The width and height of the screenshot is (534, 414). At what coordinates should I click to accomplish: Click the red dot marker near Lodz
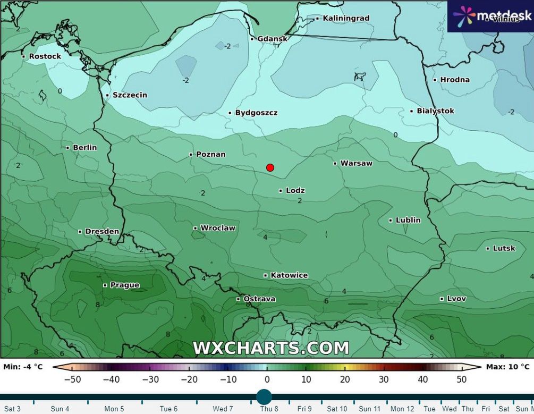(x=270, y=167)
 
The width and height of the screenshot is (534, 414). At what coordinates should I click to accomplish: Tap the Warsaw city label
(x=356, y=163)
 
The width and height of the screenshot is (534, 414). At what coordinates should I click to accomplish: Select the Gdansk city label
(x=272, y=39)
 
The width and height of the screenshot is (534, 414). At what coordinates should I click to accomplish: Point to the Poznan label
(x=210, y=154)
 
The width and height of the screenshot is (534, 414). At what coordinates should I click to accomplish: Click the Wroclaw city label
(x=217, y=228)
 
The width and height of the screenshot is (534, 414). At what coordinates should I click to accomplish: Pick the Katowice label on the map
(x=289, y=275)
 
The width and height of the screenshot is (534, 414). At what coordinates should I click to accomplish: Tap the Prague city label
(x=124, y=285)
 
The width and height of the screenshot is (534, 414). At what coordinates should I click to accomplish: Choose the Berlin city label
(x=84, y=147)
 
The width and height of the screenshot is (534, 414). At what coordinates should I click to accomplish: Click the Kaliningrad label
(x=345, y=18)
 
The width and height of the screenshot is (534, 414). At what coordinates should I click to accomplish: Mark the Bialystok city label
(x=435, y=111)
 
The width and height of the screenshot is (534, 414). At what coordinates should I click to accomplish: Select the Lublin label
(x=408, y=220)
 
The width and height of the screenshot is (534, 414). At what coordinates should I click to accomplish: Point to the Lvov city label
(x=456, y=299)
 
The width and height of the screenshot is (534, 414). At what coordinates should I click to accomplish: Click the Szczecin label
(x=130, y=95)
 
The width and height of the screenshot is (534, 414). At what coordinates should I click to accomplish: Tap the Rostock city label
(x=45, y=56)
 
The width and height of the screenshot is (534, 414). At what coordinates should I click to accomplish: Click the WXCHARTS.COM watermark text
(x=271, y=348)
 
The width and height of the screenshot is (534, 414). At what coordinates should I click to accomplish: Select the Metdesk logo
(x=490, y=16)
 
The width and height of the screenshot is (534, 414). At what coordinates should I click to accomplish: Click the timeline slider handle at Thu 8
(x=264, y=396)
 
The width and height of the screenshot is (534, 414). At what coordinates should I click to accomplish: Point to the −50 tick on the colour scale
(x=72, y=379)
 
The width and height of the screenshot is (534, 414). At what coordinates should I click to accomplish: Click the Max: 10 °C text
(x=507, y=367)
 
